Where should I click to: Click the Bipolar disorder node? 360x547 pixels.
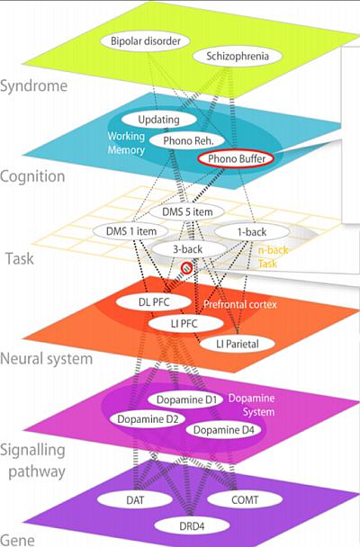[x=145, y=40]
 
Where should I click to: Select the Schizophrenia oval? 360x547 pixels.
[x=238, y=56]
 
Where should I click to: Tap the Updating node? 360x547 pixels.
[x=158, y=120]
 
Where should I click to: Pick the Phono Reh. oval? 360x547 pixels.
[x=187, y=140]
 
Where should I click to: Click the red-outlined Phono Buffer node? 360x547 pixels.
[x=236, y=159]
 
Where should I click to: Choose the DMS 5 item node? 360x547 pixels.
[x=187, y=211]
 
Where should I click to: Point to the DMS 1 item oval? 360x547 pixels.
[x=130, y=231]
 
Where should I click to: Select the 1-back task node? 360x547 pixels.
[x=252, y=232]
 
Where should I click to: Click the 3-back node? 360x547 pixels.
[x=188, y=249]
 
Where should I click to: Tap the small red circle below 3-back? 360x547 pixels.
[x=186, y=268]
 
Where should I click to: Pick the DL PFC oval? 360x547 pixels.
[x=154, y=301]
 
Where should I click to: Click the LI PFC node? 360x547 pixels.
[x=185, y=323]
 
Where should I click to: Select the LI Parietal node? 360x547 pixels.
[x=238, y=344]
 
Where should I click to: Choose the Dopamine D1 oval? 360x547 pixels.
[x=185, y=399]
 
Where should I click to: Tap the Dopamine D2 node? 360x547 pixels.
[x=148, y=418]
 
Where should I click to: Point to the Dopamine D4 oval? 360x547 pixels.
[x=223, y=429]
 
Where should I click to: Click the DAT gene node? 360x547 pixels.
[x=135, y=499]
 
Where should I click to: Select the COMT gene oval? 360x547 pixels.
[x=245, y=499]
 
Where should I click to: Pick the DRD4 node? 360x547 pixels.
[x=192, y=525]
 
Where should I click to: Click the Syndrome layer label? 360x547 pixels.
[x=34, y=85]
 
